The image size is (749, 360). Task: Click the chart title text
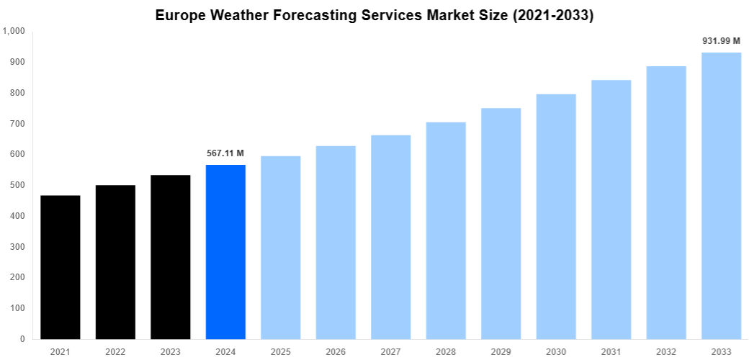coord(374,16)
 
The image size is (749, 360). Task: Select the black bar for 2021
coord(60,267)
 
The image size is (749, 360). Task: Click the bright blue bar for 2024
coord(225,252)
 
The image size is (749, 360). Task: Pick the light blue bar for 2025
coord(281,248)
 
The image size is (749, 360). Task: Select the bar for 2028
coord(446,230)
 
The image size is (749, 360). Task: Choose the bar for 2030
coord(556,217)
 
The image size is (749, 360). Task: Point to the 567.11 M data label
coord(225,153)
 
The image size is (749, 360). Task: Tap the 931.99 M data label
coord(721,41)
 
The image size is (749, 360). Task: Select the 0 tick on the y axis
coord(22,339)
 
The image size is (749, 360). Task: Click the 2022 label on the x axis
coord(115,351)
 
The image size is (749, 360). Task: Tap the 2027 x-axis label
coord(390,351)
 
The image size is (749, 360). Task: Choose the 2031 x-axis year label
coord(611,351)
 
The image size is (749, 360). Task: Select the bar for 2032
coord(666,202)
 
